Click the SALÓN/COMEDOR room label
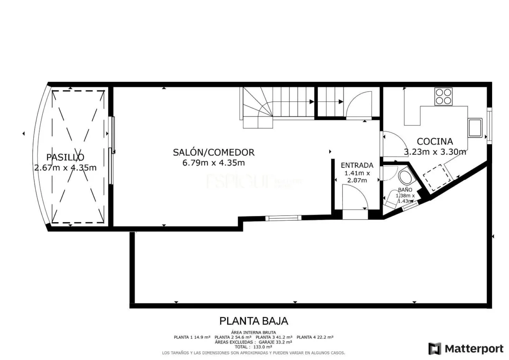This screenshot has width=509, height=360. (x=213, y=152)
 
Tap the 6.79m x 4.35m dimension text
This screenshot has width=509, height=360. (x=213, y=163)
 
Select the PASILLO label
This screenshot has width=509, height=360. (x=65, y=157)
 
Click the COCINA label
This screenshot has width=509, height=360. (x=435, y=141)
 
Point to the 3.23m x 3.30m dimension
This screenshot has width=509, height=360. (x=435, y=152)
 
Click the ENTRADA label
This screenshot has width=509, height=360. (x=357, y=165)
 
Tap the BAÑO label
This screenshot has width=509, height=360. (x=405, y=190)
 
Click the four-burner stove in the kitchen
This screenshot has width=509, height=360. (x=443, y=96)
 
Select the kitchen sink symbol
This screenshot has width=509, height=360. (x=475, y=128)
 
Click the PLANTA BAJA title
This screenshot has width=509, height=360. (x=253, y=321)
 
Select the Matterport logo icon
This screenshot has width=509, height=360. (x=434, y=348)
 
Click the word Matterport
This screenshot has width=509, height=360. (x=474, y=348)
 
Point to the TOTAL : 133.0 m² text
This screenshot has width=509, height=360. (x=253, y=347)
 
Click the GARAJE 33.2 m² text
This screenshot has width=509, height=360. (x=275, y=342)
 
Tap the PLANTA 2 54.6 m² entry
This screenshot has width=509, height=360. (x=233, y=337)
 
